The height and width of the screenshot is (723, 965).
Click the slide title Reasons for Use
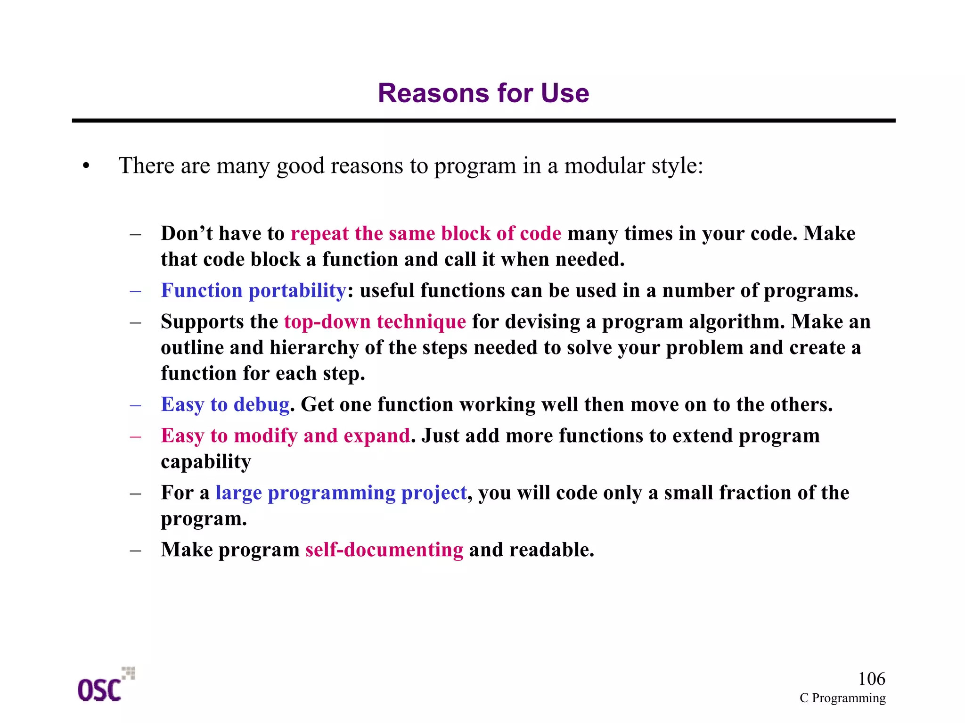483,93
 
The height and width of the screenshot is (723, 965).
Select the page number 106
871,679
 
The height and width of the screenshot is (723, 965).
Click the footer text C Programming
842,698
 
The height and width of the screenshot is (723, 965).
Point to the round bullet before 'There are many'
86,166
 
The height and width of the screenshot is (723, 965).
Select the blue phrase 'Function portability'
254,290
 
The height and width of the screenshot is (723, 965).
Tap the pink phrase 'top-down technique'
375,321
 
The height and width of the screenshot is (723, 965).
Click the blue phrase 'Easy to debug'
225,404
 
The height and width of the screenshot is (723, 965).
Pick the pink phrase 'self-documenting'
384,550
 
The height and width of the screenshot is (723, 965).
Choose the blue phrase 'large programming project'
341,493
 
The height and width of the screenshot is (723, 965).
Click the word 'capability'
206,461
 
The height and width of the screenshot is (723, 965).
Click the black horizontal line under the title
483,121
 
